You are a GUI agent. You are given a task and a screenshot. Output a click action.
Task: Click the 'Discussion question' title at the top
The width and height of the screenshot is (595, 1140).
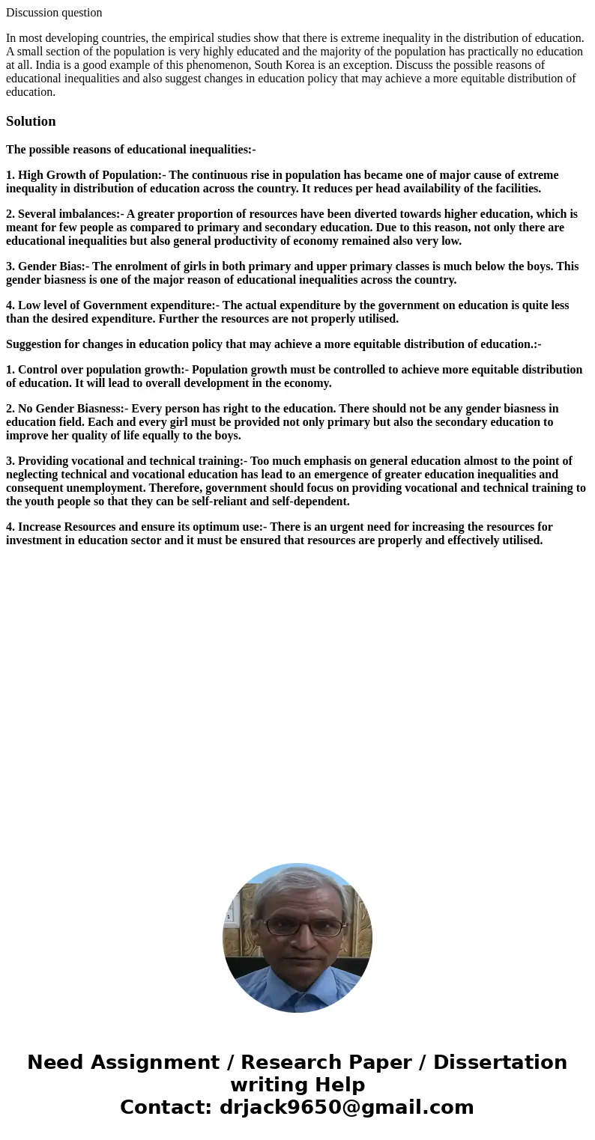(x=54, y=13)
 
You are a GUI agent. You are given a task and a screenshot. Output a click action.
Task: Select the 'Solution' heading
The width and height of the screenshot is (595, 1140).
(x=31, y=121)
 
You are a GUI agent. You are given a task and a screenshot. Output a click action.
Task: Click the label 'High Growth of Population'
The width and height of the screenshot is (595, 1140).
(x=89, y=175)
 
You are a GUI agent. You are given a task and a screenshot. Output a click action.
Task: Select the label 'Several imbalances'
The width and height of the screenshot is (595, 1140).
(x=68, y=214)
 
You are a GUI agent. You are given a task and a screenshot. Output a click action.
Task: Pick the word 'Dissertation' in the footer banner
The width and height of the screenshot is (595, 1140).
(x=500, y=1063)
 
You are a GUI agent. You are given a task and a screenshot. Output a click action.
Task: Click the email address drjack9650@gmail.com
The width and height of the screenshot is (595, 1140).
(x=346, y=1108)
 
